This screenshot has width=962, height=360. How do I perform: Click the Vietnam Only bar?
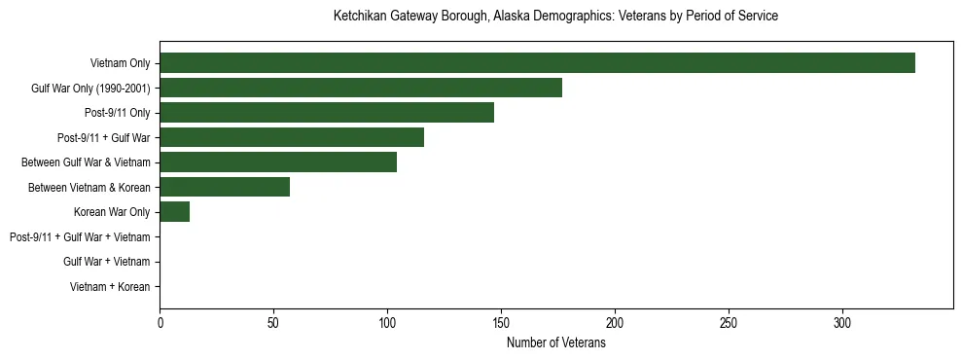(x=537, y=63)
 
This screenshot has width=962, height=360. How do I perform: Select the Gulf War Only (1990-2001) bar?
(x=361, y=88)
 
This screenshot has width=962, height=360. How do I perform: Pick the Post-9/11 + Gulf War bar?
(x=292, y=138)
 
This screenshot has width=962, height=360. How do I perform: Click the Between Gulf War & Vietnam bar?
(x=278, y=162)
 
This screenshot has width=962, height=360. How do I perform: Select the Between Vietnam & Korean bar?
(x=225, y=187)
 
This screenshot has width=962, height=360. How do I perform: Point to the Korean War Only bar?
(x=174, y=212)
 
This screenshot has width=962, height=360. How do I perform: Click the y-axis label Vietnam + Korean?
(x=110, y=287)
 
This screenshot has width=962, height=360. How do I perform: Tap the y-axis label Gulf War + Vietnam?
(x=106, y=262)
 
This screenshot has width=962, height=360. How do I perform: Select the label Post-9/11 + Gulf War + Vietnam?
(x=80, y=237)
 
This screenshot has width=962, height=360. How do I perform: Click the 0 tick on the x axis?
(x=160, y=323)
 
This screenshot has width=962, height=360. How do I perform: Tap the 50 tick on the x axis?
(x=273, y=323)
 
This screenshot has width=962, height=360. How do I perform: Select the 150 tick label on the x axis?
(x=501, y=323)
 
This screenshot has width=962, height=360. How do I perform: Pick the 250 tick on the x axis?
(x=729, y=323)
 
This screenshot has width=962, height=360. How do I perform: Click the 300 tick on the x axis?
(x=842, y=323)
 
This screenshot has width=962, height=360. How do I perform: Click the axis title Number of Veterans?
(x=556, y=343)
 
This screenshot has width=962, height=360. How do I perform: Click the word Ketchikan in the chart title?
(x=359, y=17)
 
